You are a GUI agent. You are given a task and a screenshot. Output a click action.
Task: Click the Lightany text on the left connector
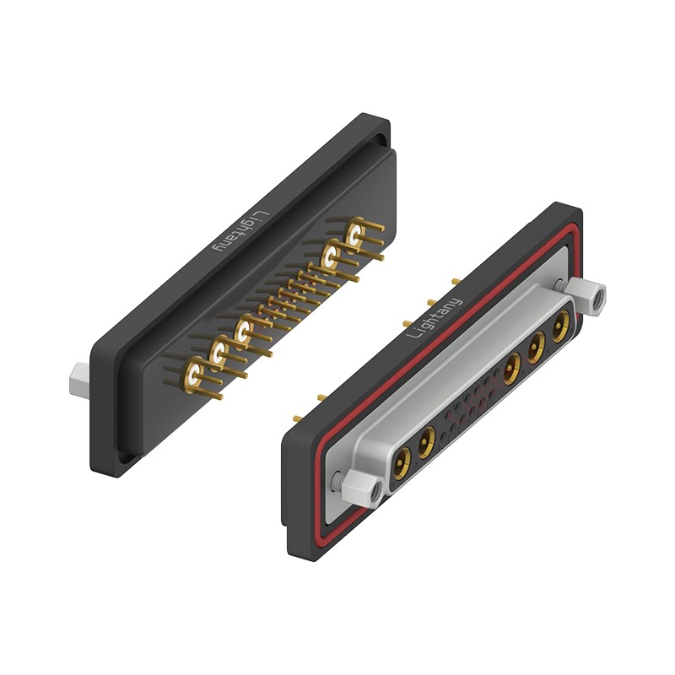241,231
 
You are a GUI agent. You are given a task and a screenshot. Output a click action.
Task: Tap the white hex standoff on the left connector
79,379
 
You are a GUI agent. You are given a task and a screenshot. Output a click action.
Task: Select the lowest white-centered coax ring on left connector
194,373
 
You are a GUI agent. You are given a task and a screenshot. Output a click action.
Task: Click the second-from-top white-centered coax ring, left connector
331,256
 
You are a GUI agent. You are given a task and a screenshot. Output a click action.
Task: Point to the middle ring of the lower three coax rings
219,353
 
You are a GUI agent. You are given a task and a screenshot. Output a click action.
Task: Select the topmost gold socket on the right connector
561,327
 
